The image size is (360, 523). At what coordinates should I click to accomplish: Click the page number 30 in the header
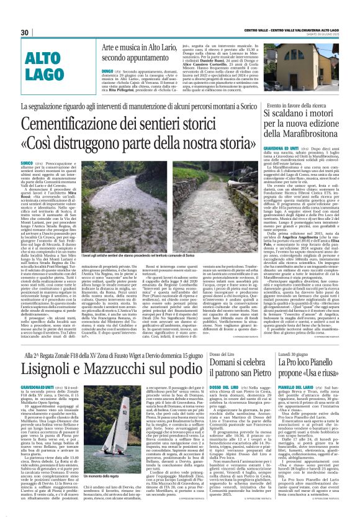click(25, 32)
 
